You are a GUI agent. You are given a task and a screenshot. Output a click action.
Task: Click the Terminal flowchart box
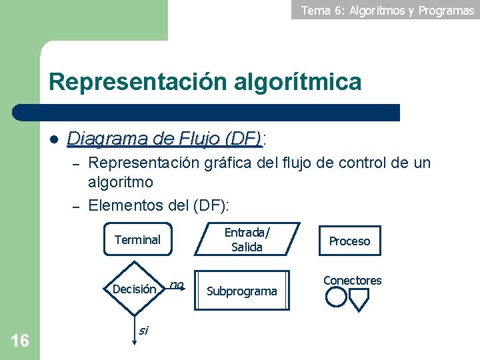point(137,240)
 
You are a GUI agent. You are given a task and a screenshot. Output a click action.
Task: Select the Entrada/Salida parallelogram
point(247,239)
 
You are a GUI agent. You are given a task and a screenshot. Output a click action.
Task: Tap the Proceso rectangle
point(349,241)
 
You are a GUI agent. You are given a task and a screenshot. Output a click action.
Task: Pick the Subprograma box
point(242,291)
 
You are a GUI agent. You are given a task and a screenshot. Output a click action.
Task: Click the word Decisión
point(135,289)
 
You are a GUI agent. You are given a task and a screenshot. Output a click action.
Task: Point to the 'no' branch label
point(176,285)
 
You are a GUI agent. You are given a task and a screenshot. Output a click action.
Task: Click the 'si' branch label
point(143,329)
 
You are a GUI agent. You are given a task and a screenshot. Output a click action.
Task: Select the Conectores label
point(353,281)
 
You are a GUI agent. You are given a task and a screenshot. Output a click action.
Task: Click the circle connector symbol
point(336,297)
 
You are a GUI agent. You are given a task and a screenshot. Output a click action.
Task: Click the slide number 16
point(20,341)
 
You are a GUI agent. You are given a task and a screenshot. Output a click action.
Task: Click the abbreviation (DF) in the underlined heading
point(243,139)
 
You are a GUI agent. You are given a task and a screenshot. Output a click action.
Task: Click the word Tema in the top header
point(315,10)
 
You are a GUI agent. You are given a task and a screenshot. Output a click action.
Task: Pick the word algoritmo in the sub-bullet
point(121,182)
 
